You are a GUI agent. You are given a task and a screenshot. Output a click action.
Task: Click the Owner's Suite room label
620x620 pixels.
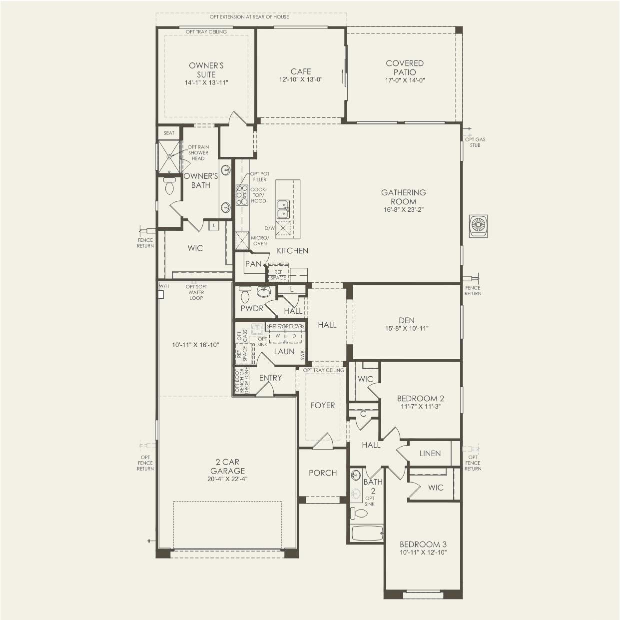pos(206,70)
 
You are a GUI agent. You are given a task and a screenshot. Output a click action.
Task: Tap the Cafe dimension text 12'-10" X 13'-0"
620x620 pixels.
pos(301,80)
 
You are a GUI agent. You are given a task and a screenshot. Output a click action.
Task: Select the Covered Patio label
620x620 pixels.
pos(405,67)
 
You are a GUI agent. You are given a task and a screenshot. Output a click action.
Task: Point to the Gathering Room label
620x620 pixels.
pos(404,197)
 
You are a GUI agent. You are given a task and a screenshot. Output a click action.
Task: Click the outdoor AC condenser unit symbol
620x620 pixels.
pos(478,225)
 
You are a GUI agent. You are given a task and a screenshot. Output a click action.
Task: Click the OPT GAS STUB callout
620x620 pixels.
pos(475,142)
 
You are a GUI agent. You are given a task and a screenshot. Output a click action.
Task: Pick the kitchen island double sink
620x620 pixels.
pos(282,209)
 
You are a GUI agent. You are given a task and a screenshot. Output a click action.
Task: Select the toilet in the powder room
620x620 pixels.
pos(245,295)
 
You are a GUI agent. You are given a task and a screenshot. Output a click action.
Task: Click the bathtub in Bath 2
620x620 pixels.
pos(367,533)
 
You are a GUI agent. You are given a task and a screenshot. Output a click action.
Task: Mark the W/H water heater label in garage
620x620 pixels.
pos(163,287)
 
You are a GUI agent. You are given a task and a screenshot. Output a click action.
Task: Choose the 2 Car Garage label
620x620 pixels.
pos(227,467)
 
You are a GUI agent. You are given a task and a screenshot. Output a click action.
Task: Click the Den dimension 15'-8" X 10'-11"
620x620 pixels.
pos(406,329)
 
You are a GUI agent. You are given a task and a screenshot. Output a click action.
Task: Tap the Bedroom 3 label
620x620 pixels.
pos(423,544)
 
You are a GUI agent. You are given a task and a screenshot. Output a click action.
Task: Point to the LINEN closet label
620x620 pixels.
pos(430,454)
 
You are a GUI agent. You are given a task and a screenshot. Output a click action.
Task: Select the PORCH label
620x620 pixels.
pos(322,473)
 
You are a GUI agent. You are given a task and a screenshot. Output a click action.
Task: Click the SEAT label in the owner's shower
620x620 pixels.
pos(169,133)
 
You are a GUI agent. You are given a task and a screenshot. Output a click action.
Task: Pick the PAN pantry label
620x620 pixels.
pos(253,264)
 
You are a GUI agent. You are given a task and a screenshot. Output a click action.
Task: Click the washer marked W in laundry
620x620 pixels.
pos(277,336)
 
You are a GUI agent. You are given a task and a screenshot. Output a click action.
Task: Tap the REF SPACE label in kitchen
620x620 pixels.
pos(278,275)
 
